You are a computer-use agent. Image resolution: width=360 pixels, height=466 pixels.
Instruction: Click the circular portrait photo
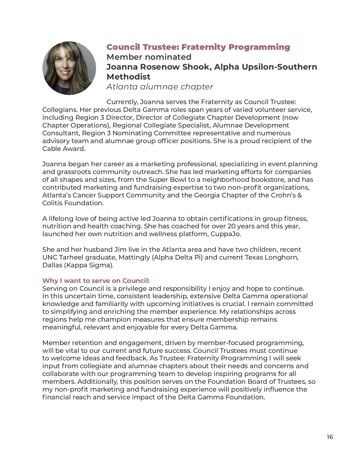tap(69, 68)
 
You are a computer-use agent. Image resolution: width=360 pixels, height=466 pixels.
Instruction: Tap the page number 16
tap(330, 437)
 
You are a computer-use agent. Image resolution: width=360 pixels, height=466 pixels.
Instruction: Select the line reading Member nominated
tap(149, 57)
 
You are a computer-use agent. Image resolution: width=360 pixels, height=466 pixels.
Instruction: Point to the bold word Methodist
tap(128, 77)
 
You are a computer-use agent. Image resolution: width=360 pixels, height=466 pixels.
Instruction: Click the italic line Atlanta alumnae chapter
tap(160, 87)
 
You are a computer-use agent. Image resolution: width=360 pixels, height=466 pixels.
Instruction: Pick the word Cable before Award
tap(51, 149)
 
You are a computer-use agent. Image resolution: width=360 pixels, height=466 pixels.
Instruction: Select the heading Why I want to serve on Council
tap(96, 281)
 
